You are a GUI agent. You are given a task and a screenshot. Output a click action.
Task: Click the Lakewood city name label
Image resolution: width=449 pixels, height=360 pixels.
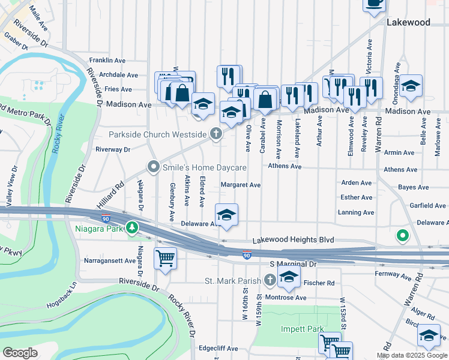click(408, 22)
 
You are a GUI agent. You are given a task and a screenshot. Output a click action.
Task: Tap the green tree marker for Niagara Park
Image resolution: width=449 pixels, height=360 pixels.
click(131, 228)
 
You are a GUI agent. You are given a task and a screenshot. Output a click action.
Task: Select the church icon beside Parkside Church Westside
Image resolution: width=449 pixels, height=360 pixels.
click(216, 134)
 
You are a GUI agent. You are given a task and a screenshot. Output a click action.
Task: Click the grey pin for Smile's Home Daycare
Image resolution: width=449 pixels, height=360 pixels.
click(154, 167)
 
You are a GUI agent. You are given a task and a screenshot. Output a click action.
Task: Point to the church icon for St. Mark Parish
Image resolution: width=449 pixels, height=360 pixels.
click(270, 280)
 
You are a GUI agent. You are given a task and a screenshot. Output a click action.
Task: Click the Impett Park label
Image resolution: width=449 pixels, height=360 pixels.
click(302, 329)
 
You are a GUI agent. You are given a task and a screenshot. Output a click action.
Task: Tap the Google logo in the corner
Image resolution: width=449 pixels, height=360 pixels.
click(20, 353)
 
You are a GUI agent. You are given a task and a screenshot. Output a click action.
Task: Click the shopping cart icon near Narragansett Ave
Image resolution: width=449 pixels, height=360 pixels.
click(165, 259)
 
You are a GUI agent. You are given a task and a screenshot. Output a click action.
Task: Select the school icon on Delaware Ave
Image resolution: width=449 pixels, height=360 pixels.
click(226, 215)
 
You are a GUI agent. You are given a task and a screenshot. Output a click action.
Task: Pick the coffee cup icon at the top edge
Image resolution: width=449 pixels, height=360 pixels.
click(374, 3)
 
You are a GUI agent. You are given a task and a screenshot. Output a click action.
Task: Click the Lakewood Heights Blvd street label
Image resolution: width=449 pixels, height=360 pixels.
click(292, 239)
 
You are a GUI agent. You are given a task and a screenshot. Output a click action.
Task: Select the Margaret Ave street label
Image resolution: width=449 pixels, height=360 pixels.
click(241, 185)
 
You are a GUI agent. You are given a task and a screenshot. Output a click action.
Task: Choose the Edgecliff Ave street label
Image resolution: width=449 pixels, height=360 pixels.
click(219, 348)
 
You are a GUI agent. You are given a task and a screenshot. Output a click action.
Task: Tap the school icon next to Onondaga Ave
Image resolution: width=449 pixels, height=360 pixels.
click(411, 86)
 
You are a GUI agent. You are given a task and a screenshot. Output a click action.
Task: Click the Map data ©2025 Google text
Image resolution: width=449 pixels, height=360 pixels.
click(412, 355)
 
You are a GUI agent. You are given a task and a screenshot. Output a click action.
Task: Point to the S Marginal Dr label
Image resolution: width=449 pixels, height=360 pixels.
click(293, 264)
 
